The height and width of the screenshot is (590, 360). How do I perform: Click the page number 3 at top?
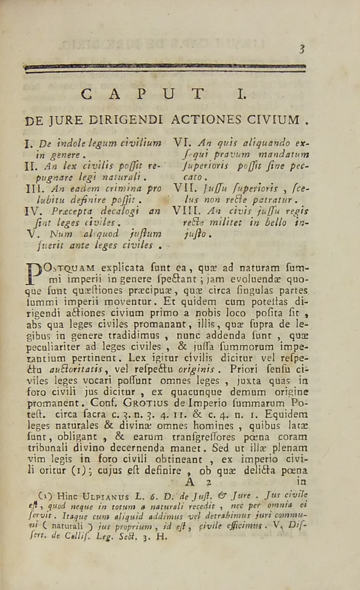[x=302, y=50]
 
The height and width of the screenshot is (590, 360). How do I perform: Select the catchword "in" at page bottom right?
[x=301, y=482]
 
